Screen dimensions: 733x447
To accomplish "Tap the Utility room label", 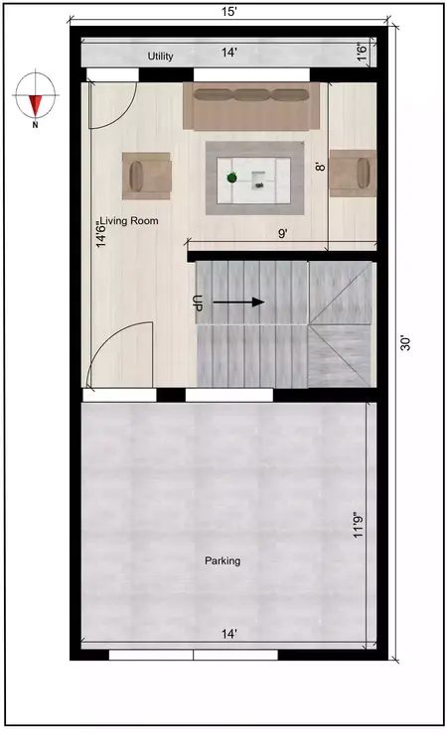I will (161, 57).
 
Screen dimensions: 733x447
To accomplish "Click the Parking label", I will (223, 561).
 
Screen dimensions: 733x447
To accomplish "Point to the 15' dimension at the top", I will (228, 11).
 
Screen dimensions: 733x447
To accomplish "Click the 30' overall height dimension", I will (404, 343).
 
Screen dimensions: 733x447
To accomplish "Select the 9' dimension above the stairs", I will (283, 234).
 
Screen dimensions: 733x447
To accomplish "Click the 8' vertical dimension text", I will (320, 169).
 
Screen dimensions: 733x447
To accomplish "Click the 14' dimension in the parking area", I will (229, 632).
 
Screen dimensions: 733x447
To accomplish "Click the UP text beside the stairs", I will (198, 303).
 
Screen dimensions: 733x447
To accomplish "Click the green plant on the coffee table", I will (231, 178).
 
